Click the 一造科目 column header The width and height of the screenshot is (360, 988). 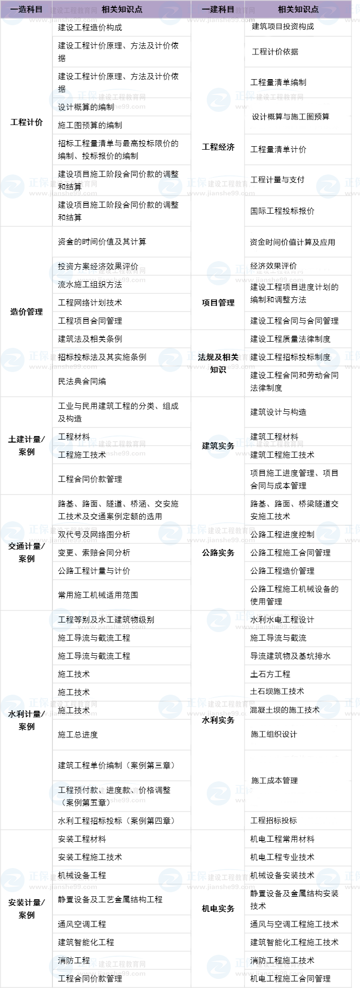click(x=26, y=10)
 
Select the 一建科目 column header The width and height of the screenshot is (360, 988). click(x=218, y=10)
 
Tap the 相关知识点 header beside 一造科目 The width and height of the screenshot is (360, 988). click(x=122, y=10)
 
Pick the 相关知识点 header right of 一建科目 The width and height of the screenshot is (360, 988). click(x=298, y=10)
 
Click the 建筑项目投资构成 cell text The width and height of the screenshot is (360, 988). click(x=279, y=27)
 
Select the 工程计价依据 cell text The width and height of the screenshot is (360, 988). click(x=275, y=51)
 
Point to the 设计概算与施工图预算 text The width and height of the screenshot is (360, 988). click(x=290, y=116)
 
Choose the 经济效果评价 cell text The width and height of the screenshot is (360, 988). click(x=274, y=266)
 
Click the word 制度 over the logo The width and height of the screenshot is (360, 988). click(x=323, y=357)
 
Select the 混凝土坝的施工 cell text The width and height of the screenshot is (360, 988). click(x=278, y=710)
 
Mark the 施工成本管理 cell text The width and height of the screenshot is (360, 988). click(x=275, y=780)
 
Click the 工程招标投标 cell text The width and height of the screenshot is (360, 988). click(x=274, y=820)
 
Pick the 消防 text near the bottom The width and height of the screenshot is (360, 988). click(x=65, y=960)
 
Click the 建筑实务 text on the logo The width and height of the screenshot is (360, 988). click(x=219, y=446)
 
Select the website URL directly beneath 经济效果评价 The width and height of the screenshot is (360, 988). click(x=269, y=280)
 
